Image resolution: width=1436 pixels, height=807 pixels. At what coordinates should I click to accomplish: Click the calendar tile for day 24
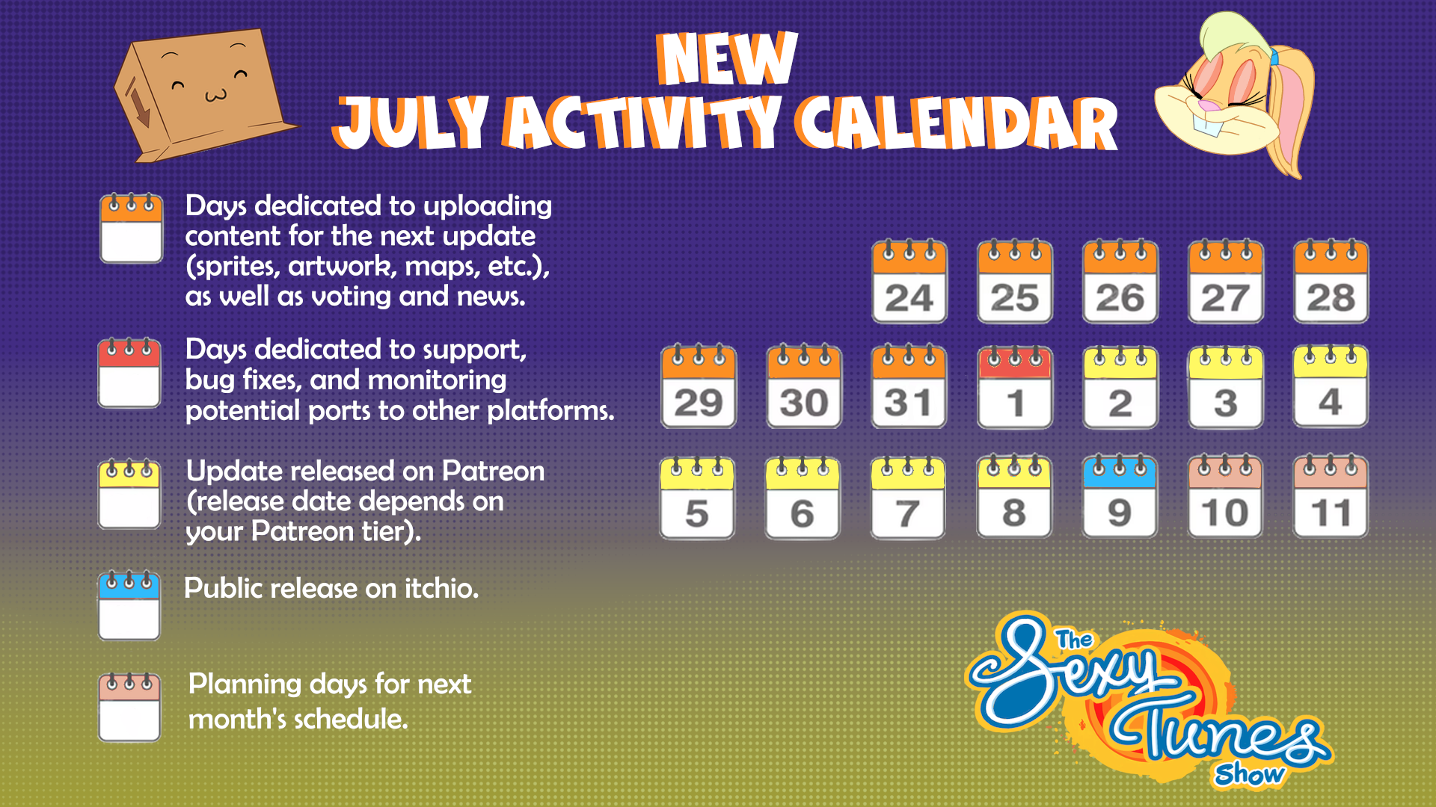(909, 282)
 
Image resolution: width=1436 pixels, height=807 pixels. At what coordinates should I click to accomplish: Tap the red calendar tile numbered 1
(1015, 386)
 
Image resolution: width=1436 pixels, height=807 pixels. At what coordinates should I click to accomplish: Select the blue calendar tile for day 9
(1120, 496)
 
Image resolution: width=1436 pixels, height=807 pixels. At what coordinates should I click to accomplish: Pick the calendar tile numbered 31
(909, 386)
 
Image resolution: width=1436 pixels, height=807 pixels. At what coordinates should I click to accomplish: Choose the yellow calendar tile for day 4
(1331, 386)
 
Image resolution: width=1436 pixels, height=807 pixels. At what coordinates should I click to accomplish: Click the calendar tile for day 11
(1331, 496)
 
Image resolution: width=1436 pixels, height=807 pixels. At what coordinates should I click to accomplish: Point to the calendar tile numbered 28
(1331, 282)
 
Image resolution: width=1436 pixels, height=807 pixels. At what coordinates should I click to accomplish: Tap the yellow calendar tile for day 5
(697, 498)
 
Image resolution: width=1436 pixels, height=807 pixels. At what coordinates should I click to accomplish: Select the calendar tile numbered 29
(699, 386)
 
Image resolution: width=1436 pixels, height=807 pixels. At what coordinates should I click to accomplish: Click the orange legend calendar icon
(132, 229)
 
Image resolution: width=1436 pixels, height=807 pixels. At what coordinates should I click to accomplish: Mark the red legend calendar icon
(129, 373)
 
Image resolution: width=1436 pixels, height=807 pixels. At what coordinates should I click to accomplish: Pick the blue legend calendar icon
(129, 606)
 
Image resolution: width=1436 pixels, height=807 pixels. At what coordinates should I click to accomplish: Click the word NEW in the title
(727, 58)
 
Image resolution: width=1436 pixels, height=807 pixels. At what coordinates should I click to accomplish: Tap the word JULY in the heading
(411, 122)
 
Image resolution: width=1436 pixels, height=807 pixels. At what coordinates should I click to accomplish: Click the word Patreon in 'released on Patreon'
(493, 471)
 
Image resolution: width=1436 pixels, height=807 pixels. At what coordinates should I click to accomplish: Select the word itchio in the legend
(441, 588)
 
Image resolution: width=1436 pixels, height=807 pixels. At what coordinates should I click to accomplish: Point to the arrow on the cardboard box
(138, 102)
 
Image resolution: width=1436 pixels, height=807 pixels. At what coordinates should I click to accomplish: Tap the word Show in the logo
(1250, 774)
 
